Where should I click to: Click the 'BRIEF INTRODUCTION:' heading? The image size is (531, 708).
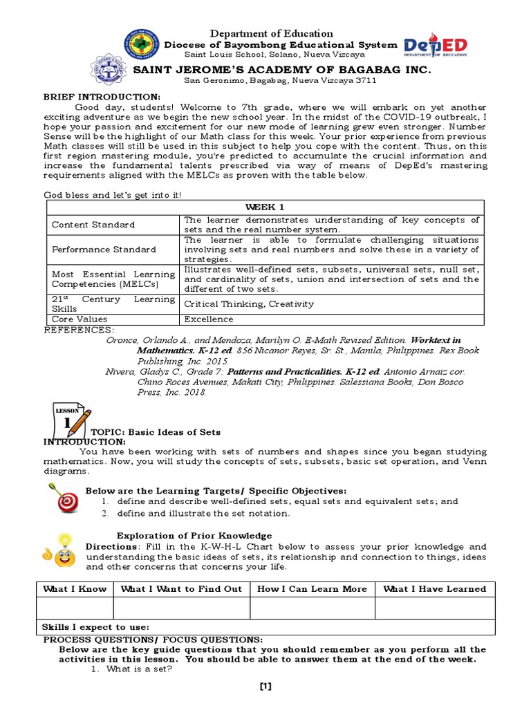pyautogui.click(x=102, y=96)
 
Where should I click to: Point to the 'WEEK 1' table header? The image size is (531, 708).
pyautogui.click(x=265, y=207)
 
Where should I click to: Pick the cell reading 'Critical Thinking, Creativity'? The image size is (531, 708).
pyautogui.click(x=249, y=304)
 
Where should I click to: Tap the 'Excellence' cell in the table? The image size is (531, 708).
pyautogui.click(x=209, y=319)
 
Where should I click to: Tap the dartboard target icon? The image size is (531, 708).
pyautogui.click(x=64, y=499)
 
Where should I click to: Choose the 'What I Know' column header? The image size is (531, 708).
pyautogui.click(x=75, y=589)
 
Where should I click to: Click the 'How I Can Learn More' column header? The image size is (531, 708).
pyautogui.click(x=312, y=589)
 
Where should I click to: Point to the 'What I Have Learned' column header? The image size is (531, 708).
pyautogui.click(x=434, y=589)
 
